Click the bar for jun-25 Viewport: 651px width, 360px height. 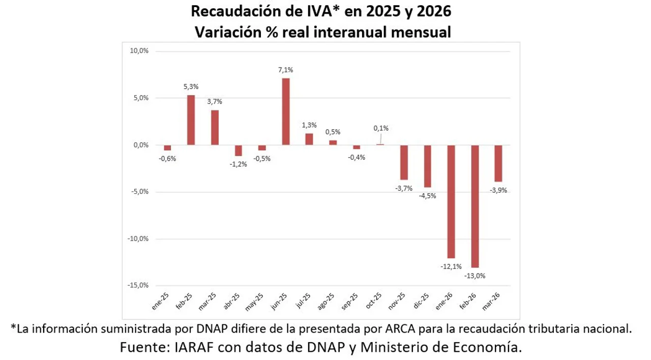[x=286, y=111]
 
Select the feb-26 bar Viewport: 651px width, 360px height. [x=475, y=206]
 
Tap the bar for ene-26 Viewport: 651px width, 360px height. [x=451, y=201]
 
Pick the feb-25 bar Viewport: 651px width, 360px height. [x=191, y=120]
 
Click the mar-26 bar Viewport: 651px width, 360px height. [x=498, y=163]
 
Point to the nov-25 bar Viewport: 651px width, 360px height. [x=404, y=162]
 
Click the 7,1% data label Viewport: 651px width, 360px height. [x=286, y=70]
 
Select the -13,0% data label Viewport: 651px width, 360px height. [x=475, y=276]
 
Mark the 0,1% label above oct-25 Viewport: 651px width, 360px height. [x=381, y=128]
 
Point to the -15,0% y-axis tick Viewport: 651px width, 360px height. [x=139, y=285]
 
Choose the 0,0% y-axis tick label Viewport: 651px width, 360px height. [x=140, y=145]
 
